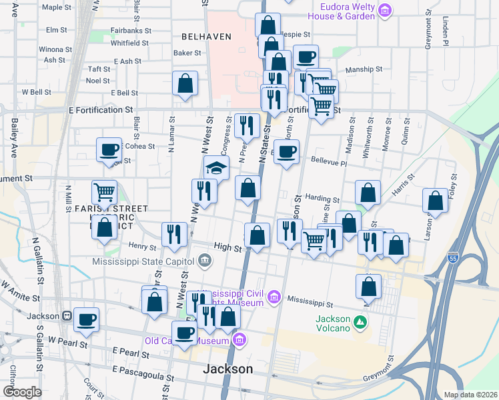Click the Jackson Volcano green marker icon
tap(361, 323)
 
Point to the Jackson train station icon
tap(67, 315)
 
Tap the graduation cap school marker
tap(216, 167)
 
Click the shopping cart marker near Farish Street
tap(104, 192)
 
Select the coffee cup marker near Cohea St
tap(109, 149)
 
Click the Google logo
tap(22, 391)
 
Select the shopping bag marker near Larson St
tap(435, 200)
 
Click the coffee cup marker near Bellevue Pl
tap(287, 151)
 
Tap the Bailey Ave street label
tap(13, 138)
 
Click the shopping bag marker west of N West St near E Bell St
tap(185, 83)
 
